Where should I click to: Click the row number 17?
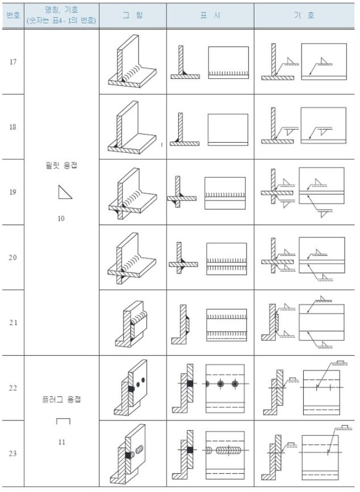pyautogui.click(x=13, y=62)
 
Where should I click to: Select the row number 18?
pyautogui.click(x=12, y=127)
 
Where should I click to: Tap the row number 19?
pyautogui.click(x=12, y=192)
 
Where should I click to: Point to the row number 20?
pyautogui.click(x=12, y=257)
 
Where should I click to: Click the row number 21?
pyautogui.click(x=13, y=322)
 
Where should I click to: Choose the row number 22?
pyautogui.click(x=12, y=388)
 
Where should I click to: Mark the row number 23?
pyautogui.click(x=12, y=453)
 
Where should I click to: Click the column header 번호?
pyautogui.click(x=13, y=15)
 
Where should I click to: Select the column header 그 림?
pyautogui.click(x=133, y=15)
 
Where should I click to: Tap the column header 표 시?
pyautogui.click(x=210, y=15)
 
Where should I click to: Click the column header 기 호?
pyautogui.click(x=304, y=15)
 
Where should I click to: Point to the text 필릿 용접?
pyautogui.click(x=61, y=165)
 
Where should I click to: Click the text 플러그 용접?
pyautogui.click(x=61, y=399)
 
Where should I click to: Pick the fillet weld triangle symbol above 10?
pyautogui.click(x=65, y=192)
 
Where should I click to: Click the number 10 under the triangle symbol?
pyautogui.click(x=61, y=218)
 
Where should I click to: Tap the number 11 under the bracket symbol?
pyautogui.click(x=61, y=442)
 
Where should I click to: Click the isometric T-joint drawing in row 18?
pyautogui.click(x=132, y=127)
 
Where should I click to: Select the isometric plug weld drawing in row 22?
pyautogui.click(x=131, y=388)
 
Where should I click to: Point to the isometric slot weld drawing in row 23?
pyautogui.click(x=128, y=454)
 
